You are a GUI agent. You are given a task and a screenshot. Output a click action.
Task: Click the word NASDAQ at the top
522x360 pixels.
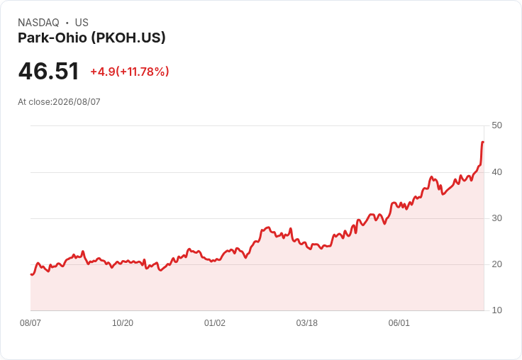pos(38,23)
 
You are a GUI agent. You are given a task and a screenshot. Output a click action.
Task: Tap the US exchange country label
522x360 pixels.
pos(82,23)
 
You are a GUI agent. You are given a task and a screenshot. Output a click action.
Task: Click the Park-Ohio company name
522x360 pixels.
pos(52,38)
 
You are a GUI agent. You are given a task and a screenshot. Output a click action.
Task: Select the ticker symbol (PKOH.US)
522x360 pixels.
pos(128,38)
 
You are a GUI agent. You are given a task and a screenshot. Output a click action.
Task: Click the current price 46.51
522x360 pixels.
pos(49,71)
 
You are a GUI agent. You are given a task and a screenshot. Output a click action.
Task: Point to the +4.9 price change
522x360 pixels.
pos(103,72)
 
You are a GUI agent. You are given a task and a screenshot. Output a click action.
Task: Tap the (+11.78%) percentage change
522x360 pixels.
pos(143,72)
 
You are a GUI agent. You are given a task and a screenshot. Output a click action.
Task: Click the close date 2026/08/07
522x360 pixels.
pos(77,102)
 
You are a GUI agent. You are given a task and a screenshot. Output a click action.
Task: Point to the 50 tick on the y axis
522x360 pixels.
pos(496,125)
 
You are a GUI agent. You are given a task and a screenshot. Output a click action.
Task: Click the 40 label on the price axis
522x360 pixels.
pos(496,172)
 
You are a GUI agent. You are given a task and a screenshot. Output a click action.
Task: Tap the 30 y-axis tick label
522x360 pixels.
pos(496,218)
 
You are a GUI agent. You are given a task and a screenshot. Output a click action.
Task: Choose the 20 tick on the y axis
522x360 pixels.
pos(496,264)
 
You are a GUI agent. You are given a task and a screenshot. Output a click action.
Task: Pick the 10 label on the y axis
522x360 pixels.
pos(496,310)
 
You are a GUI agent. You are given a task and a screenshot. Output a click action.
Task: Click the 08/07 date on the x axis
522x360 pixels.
pos(30,323)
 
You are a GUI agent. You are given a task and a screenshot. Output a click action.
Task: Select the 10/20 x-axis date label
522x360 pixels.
pos(123,323)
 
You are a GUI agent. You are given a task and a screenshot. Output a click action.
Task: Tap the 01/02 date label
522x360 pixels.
pos(215,323)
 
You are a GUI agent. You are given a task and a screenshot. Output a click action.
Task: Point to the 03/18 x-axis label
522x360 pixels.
pos(307,323)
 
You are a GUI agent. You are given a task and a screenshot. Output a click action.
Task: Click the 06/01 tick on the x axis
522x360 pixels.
pos(399,323)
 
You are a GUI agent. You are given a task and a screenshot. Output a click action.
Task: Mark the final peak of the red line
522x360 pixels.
pos(483,142)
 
